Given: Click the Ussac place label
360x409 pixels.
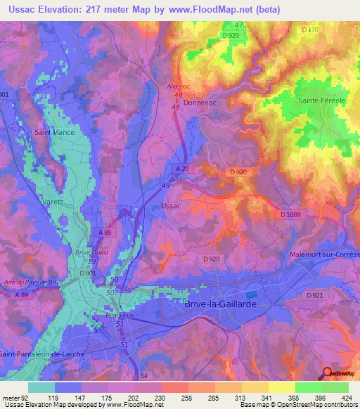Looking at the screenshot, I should pos(171,206).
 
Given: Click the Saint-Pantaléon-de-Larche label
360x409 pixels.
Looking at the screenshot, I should pos(42,353).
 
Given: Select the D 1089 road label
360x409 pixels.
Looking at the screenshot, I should pos(292,215).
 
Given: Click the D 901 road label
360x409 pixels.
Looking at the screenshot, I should pos(88,273).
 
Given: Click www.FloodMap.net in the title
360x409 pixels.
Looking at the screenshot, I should pos(215,10).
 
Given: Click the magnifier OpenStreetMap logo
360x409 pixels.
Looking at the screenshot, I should pos(327,374).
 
